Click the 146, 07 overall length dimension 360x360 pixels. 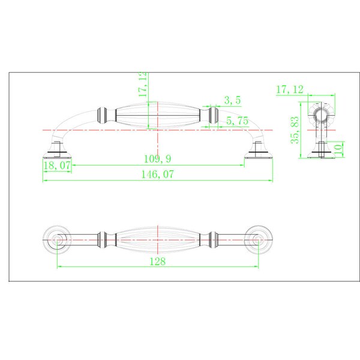[x=157, y=174]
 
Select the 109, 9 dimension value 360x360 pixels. [x=157, y=158]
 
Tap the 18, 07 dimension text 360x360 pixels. [x=57, y=166]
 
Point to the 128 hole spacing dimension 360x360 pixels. [x=157, y=261]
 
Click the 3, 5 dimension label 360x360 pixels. [x=232, y=100]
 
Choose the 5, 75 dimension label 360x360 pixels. [x=237, y=121]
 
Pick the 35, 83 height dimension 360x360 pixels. [x=295, y=130]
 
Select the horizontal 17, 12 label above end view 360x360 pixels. [x=290, y=89]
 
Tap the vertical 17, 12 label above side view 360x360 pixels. [x=143, y=84]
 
